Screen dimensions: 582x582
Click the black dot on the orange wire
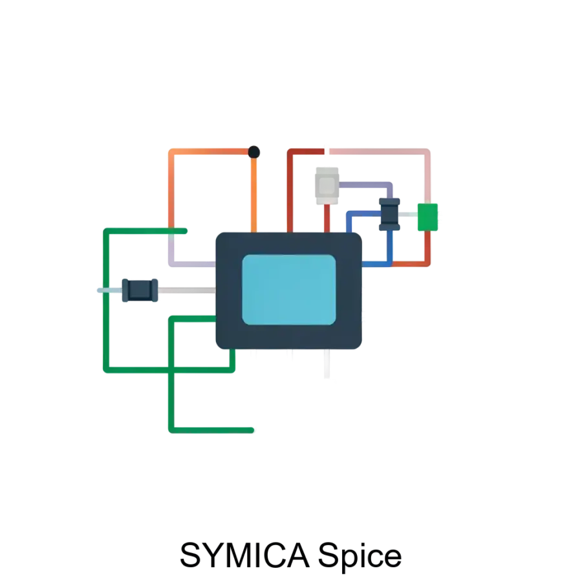click(x=254, y=152)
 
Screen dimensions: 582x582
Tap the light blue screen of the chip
click(x=289, y=290)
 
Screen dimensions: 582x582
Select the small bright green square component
click(x=427, y=217)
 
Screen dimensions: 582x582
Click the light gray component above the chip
click(x=327, y=186)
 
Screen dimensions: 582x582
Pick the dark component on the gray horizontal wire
click(x=140, y=290)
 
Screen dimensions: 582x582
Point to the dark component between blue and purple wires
click(x=389, y=214)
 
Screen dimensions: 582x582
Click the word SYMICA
click(x=244, y=555)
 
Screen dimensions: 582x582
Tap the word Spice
click(x=360, y=557)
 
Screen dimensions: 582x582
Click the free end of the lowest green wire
click(x=252, y=430)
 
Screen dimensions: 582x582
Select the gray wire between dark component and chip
click(x=187, y=290)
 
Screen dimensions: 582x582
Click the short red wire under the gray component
click(x=327, y=219)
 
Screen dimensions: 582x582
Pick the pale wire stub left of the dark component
click(x=110, y=290)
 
